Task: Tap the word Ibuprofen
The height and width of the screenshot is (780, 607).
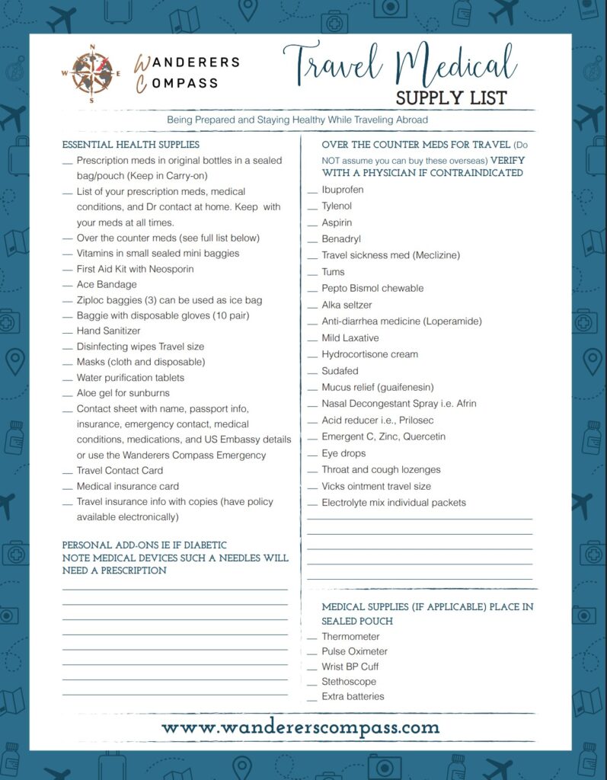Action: [x=342, y=190]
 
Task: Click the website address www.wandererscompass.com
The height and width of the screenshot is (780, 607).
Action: [x=301, y=727]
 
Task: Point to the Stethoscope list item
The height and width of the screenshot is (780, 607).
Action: [x=348, y=682]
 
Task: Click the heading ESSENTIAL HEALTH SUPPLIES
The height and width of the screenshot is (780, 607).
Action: [x=131, y=144]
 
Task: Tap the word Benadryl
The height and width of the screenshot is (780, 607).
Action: [x=342, y=239]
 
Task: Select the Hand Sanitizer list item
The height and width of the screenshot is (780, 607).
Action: [x=108, y=331]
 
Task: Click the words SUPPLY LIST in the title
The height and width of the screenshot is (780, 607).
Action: [x=451, y=97]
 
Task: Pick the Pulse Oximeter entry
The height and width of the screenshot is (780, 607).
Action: [x=354, y=651]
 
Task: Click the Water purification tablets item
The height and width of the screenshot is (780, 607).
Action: [x=130, y=377]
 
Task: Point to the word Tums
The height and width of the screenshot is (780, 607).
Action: [x=333, y=272]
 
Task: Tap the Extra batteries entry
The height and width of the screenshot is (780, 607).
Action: [x=353, y=696]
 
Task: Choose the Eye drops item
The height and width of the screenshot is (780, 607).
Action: [x=343, y=453]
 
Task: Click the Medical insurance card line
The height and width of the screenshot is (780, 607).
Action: [x=127, y=486]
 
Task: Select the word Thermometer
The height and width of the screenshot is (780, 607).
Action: [x=350, y=637]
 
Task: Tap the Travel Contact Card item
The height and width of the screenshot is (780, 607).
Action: [x=120, y=470]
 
